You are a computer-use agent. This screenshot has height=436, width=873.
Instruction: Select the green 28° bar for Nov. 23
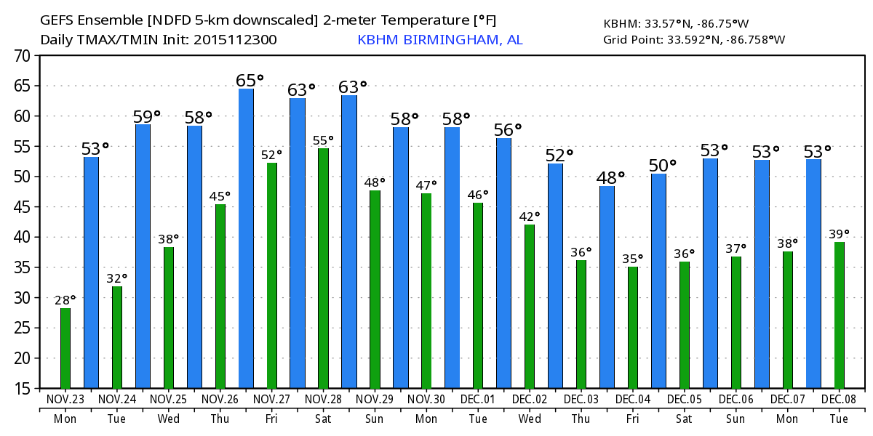tap(65, 348)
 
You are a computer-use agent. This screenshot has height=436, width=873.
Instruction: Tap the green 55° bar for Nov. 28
tap(324, 268)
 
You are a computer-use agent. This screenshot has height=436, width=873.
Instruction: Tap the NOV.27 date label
tap(272, 400)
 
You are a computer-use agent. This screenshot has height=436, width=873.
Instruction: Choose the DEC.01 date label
tap(478, 400)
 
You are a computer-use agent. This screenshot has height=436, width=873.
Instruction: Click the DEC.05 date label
tap(685, 400)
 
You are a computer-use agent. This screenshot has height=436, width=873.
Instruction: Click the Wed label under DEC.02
tap(530, 419)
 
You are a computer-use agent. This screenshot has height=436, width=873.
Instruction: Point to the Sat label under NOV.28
tap(324, 419)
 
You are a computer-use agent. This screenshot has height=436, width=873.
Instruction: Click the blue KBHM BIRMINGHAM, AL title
tap(439, 40)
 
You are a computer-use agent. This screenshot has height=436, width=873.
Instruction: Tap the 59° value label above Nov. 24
tap(146, 116)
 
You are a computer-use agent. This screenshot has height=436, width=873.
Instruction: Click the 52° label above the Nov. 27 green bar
tap(272, 155)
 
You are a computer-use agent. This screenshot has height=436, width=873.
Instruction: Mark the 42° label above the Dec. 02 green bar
tap(530, 217)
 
